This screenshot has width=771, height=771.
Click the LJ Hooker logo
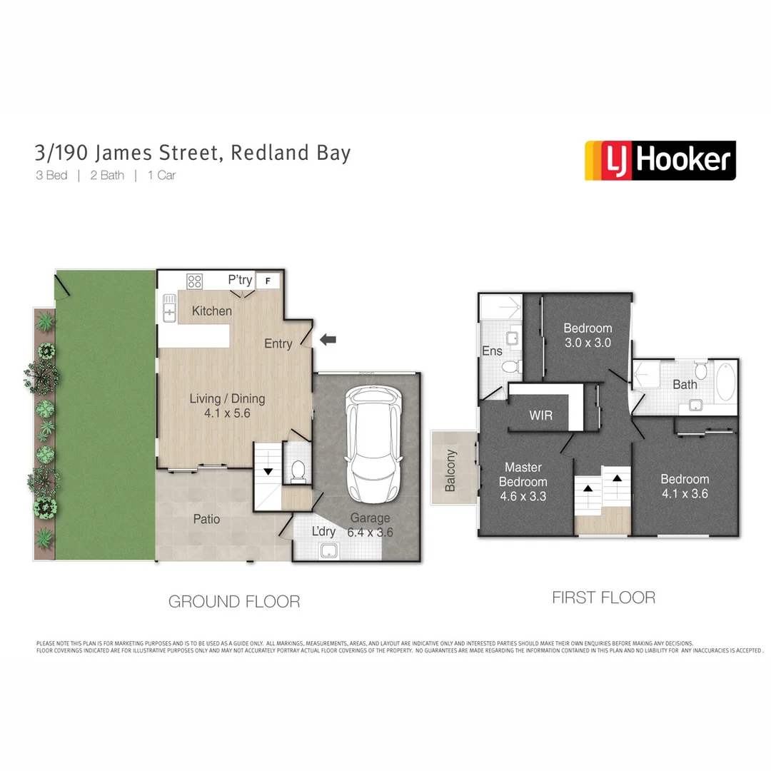point(660,160)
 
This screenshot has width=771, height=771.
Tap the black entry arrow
point(328,341)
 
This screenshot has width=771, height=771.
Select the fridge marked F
point(268,281)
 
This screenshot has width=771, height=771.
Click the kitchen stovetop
point(195,281)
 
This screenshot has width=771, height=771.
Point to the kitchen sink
point(169,308)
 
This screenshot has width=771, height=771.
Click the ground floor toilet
point(299,470)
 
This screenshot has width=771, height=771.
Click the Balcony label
point(450,470)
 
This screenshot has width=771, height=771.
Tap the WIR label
point(540,415)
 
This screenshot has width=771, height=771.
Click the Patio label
point(206,519)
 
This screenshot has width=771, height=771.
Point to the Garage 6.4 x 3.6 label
point(370,525)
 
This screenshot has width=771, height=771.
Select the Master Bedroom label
point(523,481)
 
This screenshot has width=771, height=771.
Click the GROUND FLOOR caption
point(234,602)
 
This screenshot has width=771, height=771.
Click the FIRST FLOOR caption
point(603,598)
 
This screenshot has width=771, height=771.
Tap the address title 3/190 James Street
point(193,153)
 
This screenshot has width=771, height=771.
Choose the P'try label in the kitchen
point(240,280)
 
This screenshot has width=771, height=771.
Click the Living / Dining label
point(227,405)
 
